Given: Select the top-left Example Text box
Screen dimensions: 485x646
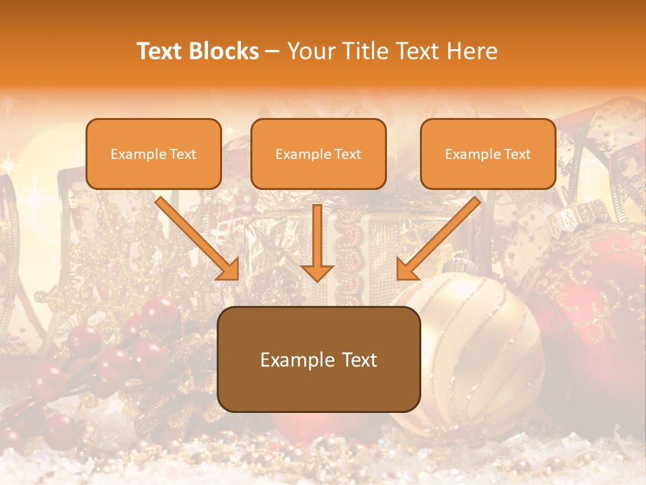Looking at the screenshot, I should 153,154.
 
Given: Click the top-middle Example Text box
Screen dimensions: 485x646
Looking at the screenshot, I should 318,154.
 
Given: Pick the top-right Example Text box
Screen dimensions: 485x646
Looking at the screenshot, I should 488,154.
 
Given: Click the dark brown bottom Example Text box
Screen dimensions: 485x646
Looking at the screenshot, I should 318,359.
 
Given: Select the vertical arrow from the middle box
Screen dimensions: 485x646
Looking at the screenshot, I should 317,243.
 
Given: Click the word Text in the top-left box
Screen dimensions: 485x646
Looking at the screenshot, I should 182,154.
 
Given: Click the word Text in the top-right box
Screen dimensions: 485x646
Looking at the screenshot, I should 517,154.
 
